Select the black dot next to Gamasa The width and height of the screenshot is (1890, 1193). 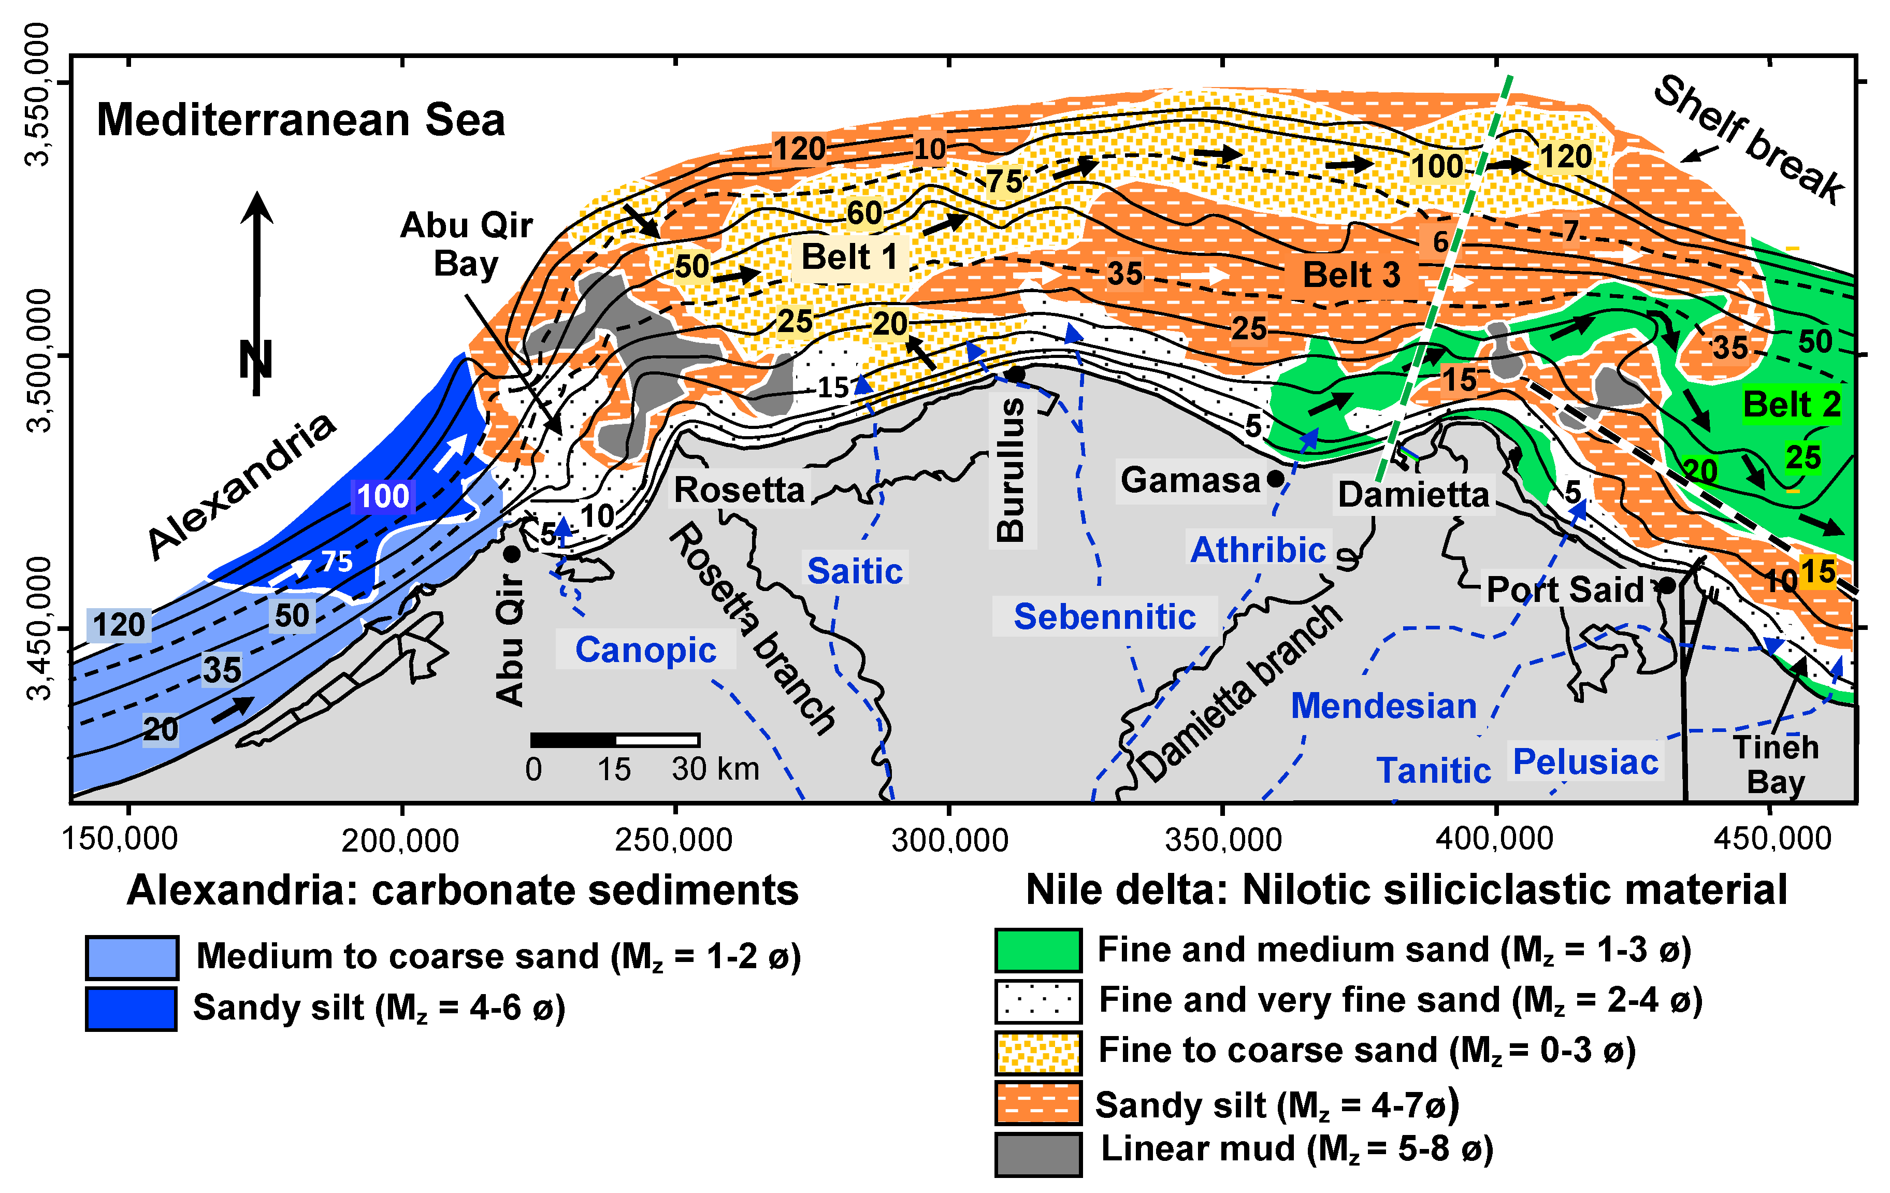click(1275, 478)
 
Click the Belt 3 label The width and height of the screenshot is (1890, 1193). click(1351, 275)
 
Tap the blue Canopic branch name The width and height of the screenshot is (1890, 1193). click(645, 650)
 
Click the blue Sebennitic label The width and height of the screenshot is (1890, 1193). click(1104, 617)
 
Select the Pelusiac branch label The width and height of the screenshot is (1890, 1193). click(1585, 761)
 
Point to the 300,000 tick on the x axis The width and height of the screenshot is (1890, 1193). click(950, 840)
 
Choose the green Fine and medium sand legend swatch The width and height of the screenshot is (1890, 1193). click(1037, 951)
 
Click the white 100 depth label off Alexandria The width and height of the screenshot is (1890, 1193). click(383, 496)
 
